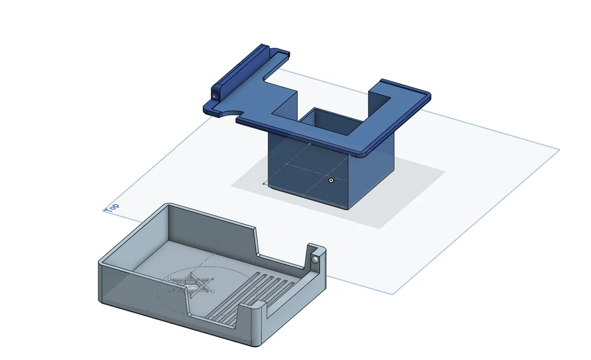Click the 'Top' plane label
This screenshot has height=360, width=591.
click(112, 207)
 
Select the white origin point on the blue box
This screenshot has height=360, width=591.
click(331, 180)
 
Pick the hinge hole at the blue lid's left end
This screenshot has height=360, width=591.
click(215, 93)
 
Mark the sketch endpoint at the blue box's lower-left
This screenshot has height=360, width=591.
click(264, 184)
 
